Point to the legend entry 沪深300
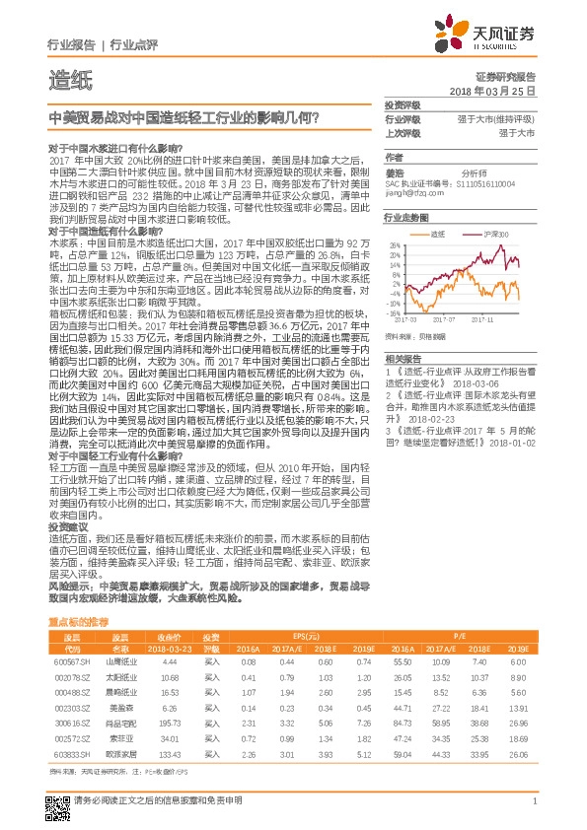pyautogui.click(x=496, y=235)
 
